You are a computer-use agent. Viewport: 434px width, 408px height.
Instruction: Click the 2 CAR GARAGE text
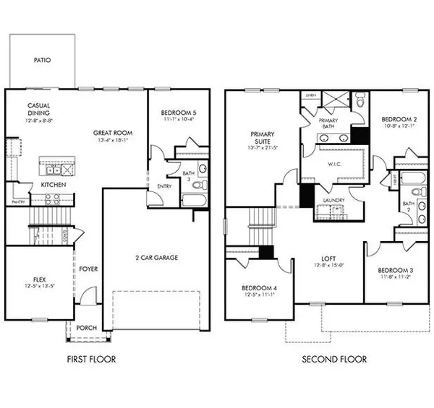tap(157, 257)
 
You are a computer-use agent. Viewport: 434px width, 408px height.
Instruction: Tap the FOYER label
tap(89, 269)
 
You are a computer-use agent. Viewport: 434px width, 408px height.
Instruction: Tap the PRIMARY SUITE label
tap(262, 138)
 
